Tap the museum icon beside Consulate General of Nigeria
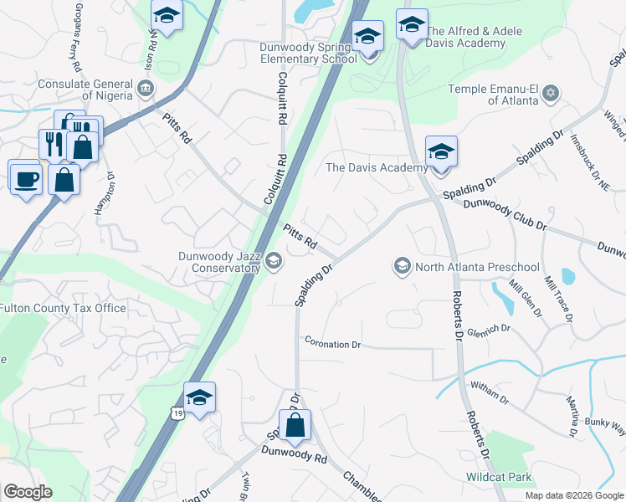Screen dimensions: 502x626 pos(146,87)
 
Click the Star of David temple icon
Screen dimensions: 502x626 pos(550,90)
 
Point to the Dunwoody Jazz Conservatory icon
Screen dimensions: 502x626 pos(273,263)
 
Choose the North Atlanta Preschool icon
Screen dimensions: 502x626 pos(402,267)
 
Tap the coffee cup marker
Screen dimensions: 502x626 pos(25,177)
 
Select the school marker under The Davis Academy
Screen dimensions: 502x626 pos(441,153)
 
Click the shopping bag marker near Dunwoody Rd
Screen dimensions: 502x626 pos(295,426)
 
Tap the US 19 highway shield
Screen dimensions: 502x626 pos(176,412)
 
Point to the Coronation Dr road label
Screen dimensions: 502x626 pos(332,344)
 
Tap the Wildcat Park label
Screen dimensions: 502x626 pos(499,478)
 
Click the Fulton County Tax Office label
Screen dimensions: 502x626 pos(63,308)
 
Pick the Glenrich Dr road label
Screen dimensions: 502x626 pos(489,330)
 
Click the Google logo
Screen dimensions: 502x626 pos(28,492)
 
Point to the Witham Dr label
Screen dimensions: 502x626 pos(490,392)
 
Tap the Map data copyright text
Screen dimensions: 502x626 pos(573,495)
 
